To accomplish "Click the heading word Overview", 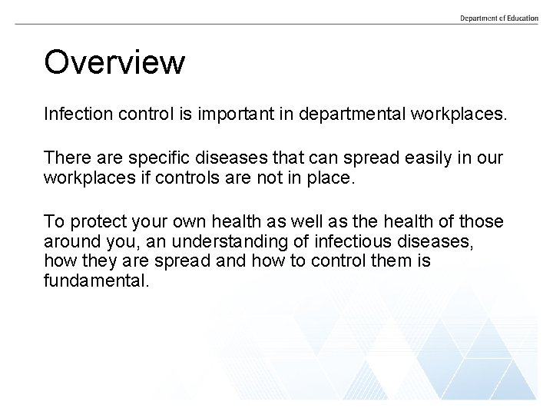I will tap(114, 62).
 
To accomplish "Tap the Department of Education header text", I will tap(499, 18).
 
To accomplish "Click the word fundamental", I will tap(94, 281).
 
